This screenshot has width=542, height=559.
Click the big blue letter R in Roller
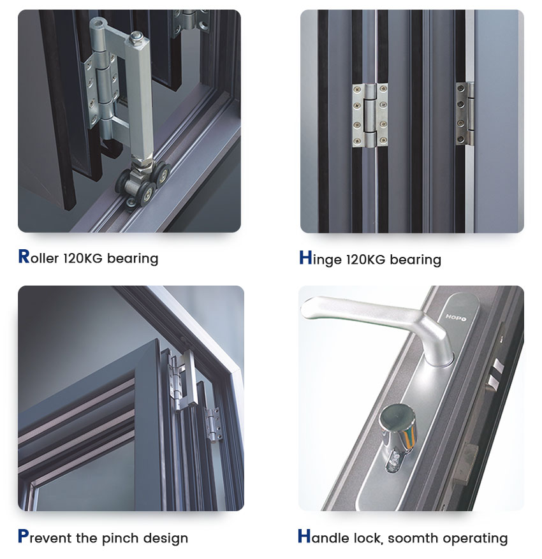[24, 256]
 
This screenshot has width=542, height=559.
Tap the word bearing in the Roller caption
[133, 259]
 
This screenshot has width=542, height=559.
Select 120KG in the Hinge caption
[365, 259]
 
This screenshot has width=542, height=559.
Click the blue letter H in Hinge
[305, 258]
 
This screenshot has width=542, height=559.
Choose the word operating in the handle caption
[475, 539]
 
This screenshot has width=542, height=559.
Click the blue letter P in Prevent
[23, 536]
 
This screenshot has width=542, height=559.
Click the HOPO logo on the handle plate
[456, 317]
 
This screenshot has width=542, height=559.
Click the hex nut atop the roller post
[135, 37]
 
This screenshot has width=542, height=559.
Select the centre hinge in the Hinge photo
[370, 115]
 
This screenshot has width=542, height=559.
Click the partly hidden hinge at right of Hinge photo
[464, 113]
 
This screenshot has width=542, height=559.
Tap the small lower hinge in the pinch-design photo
[213, 425]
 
